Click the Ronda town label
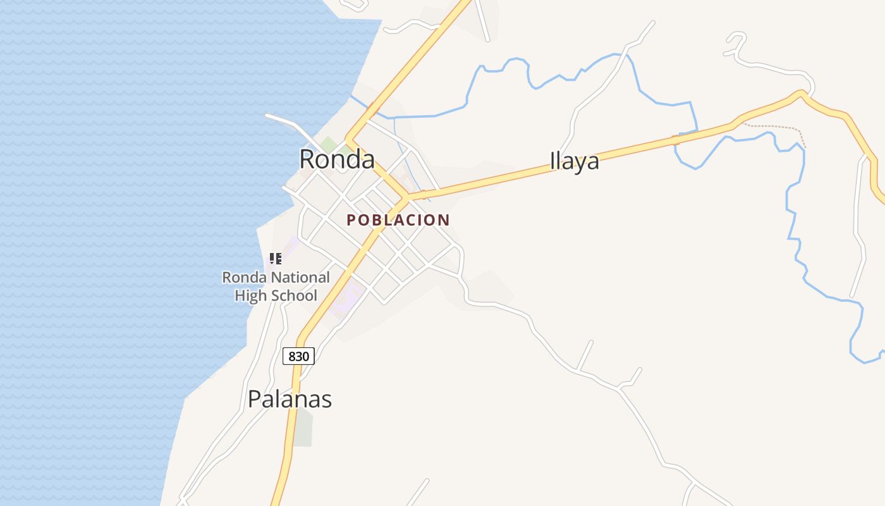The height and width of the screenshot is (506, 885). (337, 159)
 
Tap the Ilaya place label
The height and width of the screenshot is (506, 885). (574, 161)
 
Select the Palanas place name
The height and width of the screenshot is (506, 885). (290, 399)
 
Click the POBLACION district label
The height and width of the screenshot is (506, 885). (398, 220)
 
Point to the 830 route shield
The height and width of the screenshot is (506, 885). (298, 356)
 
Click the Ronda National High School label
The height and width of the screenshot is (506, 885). (276, 286)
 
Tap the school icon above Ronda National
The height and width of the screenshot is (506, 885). (275, 258)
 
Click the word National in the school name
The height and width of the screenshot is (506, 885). (300, 277)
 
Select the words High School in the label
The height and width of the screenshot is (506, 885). (276, 295)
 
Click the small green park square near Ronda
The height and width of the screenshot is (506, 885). (327, 144)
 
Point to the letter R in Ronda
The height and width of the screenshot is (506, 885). (307, 159)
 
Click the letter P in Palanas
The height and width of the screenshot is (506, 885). (254, 399)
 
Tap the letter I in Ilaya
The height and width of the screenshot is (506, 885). (552, 161)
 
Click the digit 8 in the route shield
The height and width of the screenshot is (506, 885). (291, 356)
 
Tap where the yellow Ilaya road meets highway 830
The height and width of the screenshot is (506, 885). (407, 197)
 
